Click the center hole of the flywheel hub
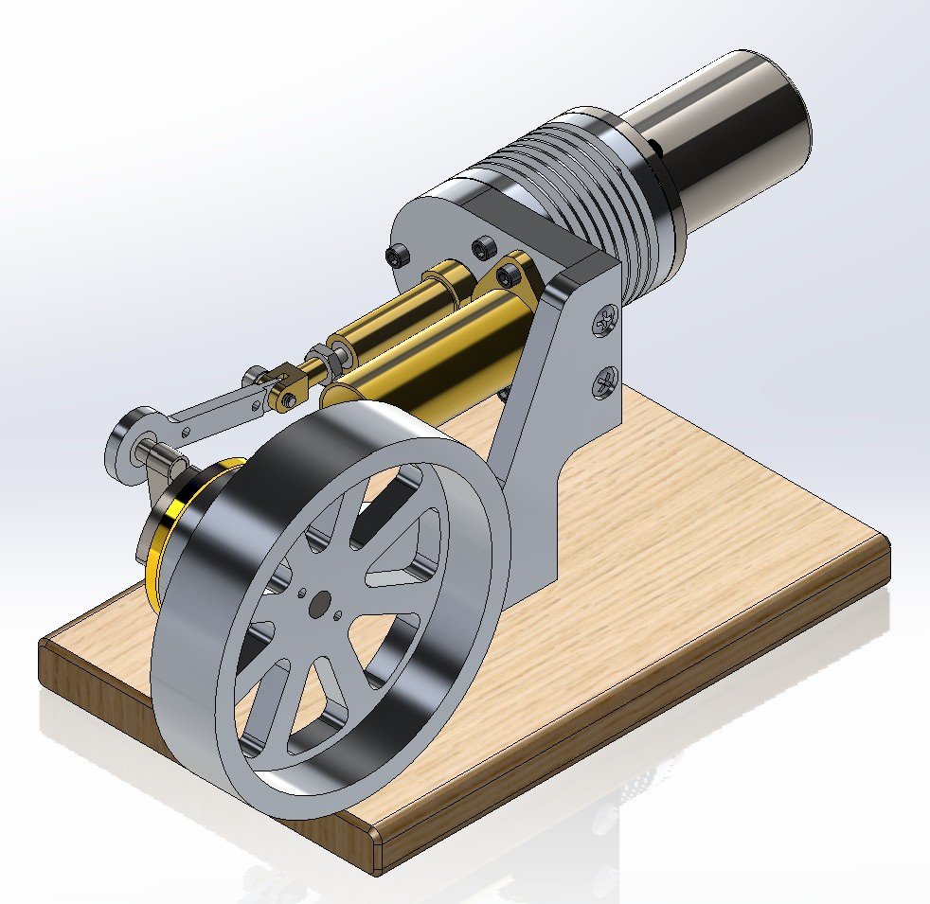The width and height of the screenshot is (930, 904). [323, 601]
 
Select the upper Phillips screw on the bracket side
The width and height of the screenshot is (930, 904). [605, 324]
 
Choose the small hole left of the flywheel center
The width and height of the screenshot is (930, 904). [302, 593]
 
